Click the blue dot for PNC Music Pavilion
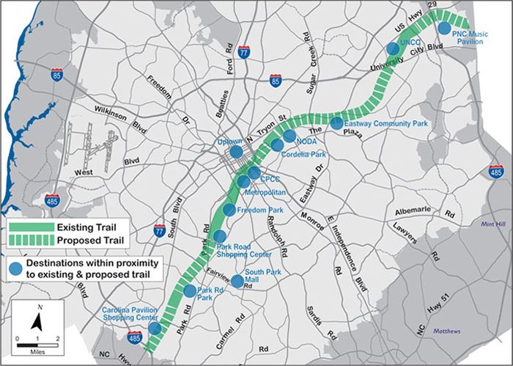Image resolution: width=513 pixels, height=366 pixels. click(444, 27)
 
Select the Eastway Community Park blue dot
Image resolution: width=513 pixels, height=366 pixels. click(336, 123)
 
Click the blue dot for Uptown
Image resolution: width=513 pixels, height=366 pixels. click(236, 152)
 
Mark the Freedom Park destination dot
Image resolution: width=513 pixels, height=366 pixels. click(229, 211)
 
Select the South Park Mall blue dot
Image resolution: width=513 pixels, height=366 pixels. click(237, 281)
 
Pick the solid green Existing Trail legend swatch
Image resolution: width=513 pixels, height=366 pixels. click(32, 227)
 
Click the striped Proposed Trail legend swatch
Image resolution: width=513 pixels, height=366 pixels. click(32, 240)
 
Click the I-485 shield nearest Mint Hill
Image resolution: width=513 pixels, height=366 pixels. click(496, 171)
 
